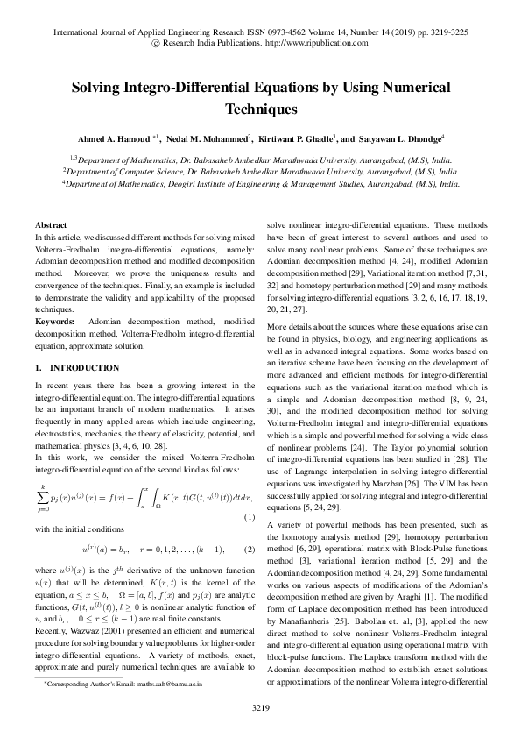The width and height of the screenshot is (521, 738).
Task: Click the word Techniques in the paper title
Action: tap(261, 110)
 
